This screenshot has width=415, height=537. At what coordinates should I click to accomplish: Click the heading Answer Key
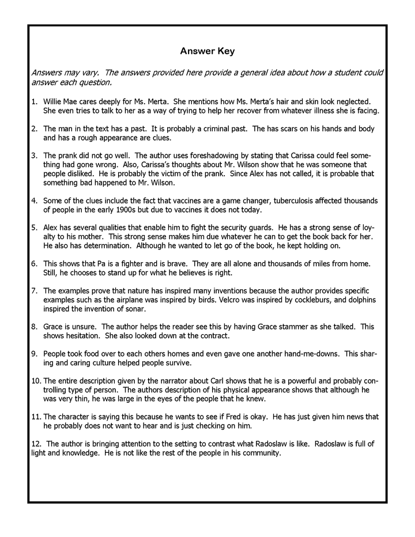[x=207, y=51]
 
